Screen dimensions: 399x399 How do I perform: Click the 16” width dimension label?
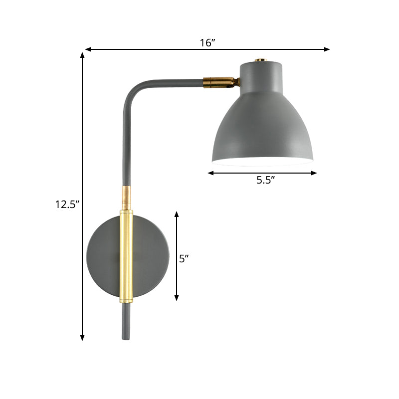click(x=207, y=42)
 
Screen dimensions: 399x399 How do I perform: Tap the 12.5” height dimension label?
click(x=67, y=204)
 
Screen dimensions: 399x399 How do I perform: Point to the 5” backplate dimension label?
click(x=184, y=258)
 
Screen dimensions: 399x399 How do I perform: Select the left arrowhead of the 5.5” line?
click(x=210, y=173)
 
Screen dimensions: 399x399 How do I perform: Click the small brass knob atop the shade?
click(x=259, y=60)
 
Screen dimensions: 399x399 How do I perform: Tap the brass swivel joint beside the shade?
click(x=221, y=82)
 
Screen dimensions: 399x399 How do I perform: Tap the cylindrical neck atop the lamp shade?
click(x=259, y=75)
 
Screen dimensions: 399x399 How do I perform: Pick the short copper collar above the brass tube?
click(x=127, y=197)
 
